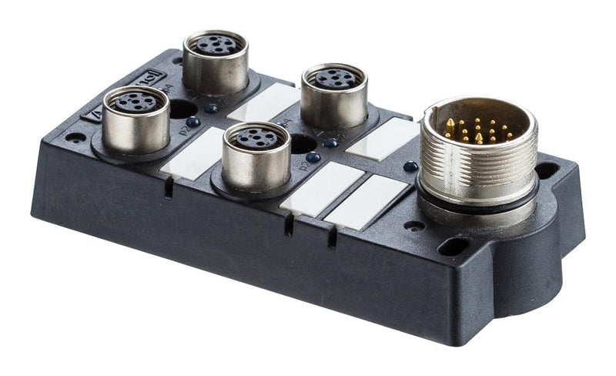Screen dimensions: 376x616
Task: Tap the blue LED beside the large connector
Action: coord(410,166)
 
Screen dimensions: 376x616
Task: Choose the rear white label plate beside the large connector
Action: coord(383,139)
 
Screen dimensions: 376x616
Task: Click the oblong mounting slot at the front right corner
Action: coord(453,247)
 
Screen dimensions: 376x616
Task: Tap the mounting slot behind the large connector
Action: coord(547,169)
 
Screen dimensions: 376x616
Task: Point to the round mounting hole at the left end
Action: coord(75,138)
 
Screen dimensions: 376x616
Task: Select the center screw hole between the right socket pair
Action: coord(302,143)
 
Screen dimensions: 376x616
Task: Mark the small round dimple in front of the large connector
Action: coord(415,226)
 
